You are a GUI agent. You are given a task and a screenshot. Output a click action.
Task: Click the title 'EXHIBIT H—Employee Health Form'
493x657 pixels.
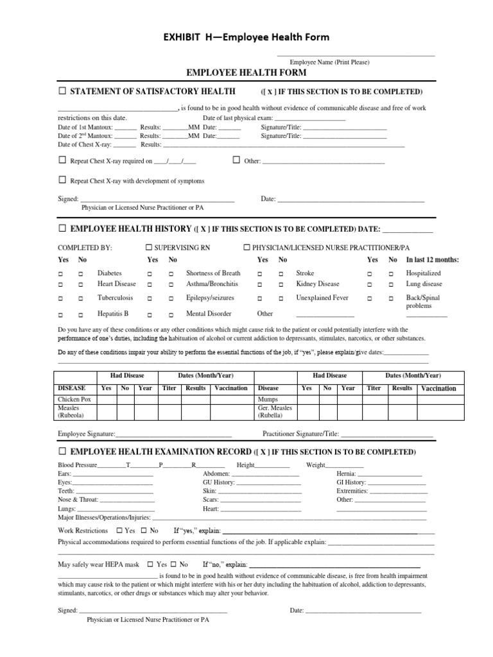[246, 37]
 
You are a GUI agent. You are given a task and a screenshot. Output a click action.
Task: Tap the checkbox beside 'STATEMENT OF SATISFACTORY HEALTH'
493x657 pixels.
[62, 91]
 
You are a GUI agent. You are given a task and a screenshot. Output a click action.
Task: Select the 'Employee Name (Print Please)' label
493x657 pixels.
[329, 62]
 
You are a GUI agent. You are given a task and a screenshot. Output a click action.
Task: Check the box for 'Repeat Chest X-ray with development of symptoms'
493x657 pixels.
[62, 180]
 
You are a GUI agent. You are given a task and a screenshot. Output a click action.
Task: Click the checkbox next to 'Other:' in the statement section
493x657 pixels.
[236, 160]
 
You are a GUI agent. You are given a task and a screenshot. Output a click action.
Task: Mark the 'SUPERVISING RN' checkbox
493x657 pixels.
[149, 247]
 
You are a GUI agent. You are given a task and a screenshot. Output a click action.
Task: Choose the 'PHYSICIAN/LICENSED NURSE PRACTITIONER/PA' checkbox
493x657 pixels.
[246, 247]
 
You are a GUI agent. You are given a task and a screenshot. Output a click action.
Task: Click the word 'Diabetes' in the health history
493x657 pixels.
[109, 273]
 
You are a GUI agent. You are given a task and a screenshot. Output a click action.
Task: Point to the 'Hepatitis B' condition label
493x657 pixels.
[113, 314]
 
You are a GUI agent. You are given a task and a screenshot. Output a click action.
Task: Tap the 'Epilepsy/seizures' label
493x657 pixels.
[210, 298]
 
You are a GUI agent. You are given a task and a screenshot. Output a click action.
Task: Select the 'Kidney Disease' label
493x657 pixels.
[318, 284]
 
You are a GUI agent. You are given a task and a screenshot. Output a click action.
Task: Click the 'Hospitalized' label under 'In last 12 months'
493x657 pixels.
[423, 273]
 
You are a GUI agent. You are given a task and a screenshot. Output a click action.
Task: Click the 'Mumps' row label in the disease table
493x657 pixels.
[268, 399]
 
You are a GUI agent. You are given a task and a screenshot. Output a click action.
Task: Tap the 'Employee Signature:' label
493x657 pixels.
[87, 434]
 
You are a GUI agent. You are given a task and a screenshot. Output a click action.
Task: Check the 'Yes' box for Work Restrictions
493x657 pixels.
[119, 531]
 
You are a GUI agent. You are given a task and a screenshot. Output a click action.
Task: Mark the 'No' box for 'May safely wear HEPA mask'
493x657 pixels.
[173, 565]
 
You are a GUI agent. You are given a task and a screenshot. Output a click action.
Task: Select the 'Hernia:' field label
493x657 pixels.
[346, 473]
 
